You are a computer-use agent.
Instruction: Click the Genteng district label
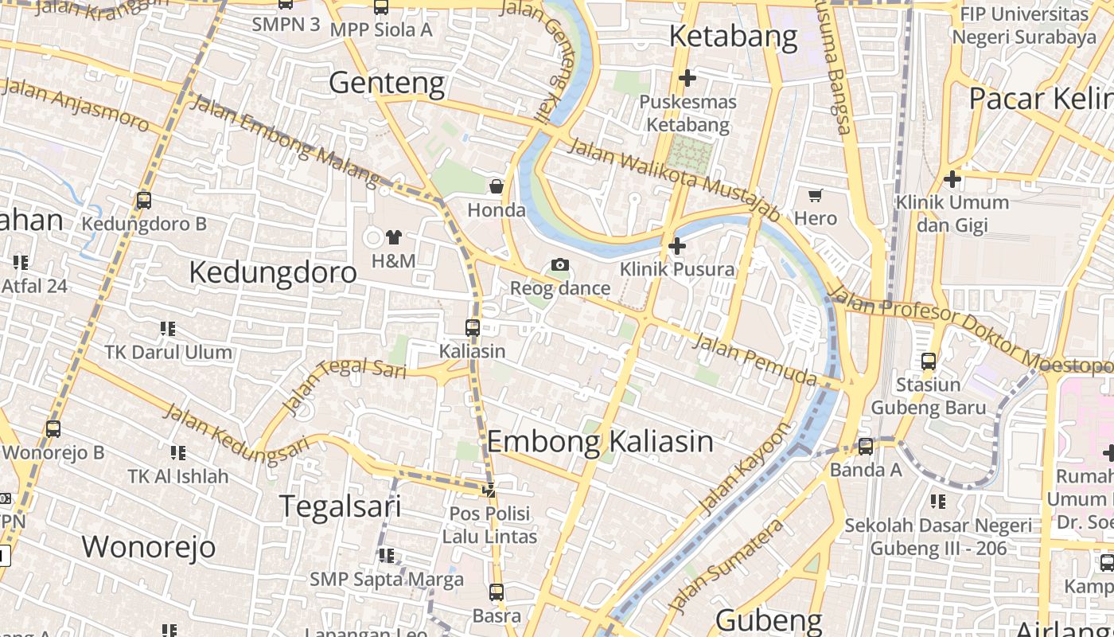tap(387, 82)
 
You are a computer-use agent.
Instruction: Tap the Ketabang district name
tap(733, 36)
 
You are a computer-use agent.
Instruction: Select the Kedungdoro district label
tap(273, 272)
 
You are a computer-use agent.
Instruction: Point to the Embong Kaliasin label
tap(600, 440)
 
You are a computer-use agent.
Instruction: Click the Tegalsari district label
tap(340, 506)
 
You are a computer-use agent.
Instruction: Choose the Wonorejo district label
tap(149, 546)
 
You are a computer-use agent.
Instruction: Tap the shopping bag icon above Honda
tap(497, 187)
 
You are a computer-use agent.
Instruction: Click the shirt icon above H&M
tap(393, 236)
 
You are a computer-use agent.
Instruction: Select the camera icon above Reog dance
tap(560, 265)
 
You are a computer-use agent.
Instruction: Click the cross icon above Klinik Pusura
tap(677, 246)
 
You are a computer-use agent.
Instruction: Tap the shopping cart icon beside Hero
tap(816, 195)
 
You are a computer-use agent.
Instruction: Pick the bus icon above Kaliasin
tap(473, 327)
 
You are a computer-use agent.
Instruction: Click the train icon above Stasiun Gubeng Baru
tap(928, 361)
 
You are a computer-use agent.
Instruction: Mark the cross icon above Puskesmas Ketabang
tap(687, 78)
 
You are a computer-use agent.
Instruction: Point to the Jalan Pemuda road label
tap(754, 359)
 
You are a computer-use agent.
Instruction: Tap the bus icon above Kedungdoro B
tap(144, 201)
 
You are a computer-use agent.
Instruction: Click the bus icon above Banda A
tap(866, 447)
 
